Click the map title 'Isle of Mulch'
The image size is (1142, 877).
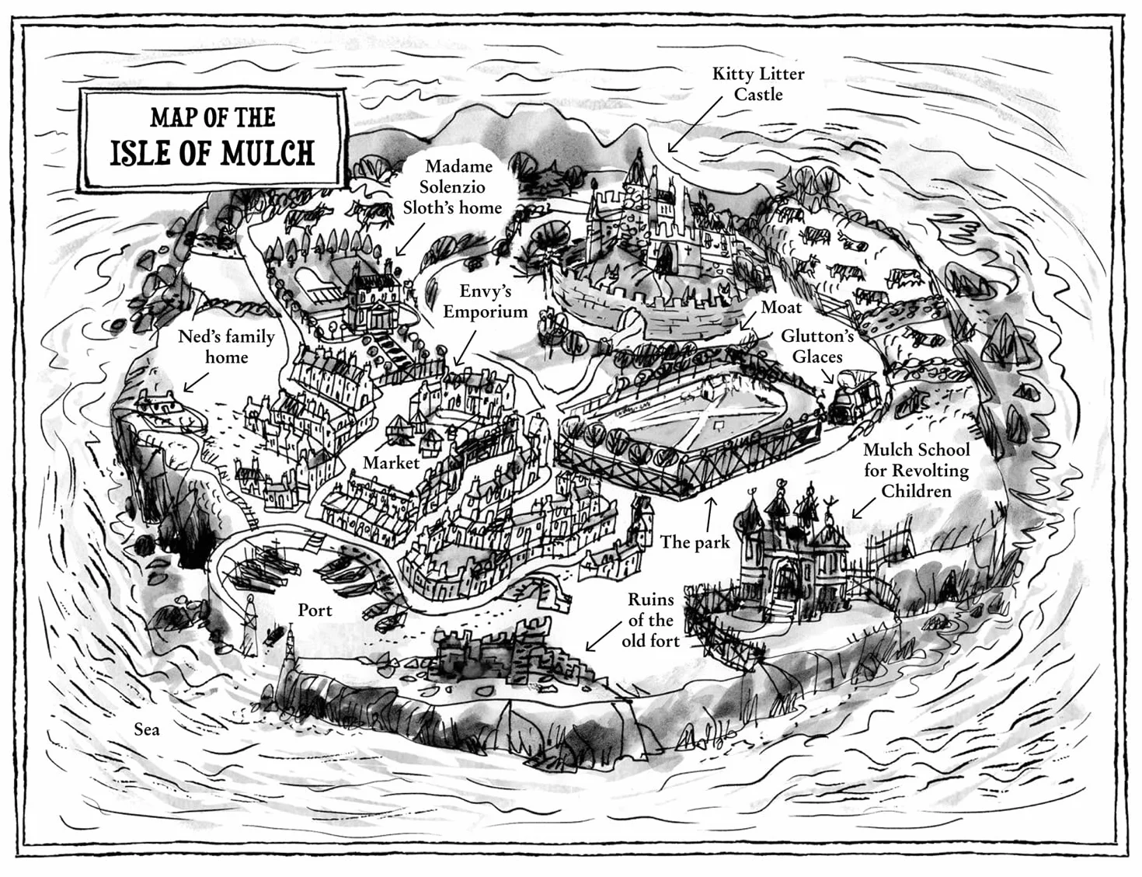pos(212,152)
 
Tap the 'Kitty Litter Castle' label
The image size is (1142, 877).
pos(757,84)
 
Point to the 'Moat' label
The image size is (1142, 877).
pos(781,308)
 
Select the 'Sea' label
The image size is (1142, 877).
pos(147,729)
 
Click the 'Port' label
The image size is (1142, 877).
pos(315,610)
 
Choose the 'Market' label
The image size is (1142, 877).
pos(391,462)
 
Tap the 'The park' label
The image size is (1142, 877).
pos(695,541)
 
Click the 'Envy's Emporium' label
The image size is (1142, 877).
pos(485,301)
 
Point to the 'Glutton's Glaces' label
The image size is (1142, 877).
pos(817,346)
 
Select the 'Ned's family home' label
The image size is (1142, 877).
pos(226,346)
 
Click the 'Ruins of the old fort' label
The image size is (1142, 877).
pos(650,620)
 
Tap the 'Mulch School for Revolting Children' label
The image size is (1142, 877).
pos(917,470)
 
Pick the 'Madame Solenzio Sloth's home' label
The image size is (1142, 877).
pos(452,187)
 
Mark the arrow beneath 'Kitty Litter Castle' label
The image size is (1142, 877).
pos(695,125)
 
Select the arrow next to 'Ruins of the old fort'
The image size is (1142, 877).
pos(602,636)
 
